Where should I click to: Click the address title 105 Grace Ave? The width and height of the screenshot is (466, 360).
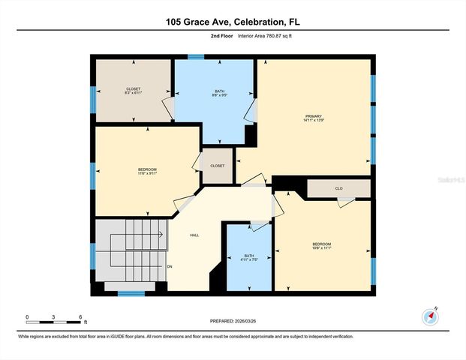point(233,22)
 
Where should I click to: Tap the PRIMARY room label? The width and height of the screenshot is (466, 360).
point(313,115)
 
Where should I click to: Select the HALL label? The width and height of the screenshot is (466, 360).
point(194,235)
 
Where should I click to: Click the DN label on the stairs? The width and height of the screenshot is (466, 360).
point(170,266)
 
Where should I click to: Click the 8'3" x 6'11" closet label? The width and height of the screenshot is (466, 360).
point(133,94)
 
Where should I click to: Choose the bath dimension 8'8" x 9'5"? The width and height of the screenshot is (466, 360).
point(215,95)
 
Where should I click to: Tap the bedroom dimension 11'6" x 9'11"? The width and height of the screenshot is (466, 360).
point(147,174)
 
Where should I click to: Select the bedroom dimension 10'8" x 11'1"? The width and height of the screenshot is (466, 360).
point(322,248)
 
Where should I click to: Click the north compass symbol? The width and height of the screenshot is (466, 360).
point(430,315)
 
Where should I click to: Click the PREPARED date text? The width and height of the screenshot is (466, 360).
point(233,322)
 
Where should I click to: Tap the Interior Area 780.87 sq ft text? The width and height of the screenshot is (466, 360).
point(265,35)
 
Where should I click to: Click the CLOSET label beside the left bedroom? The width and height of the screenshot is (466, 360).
point(217,166)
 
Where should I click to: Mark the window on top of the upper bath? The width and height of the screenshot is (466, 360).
point(196,55)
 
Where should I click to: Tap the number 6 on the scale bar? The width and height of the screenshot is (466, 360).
point(80,316)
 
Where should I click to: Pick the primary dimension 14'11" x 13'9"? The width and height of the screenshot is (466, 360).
point(313,120)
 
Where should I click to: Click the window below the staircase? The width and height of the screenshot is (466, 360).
point(131,293)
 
